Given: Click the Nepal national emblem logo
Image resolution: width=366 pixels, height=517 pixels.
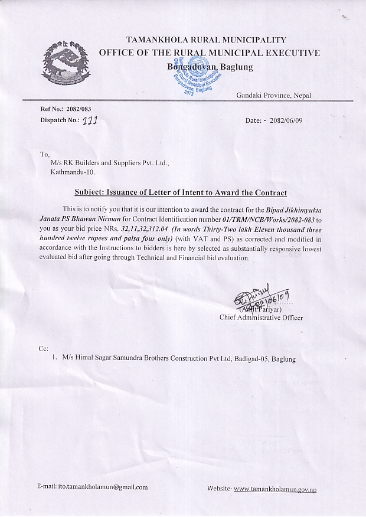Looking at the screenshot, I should click(64, 64).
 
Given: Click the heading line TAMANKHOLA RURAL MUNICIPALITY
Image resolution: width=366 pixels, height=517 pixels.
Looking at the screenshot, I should click(210, 40).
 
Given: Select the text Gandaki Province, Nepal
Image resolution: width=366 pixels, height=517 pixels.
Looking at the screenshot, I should click(274, 96).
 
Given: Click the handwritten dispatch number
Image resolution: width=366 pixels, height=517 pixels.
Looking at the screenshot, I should click(89, 120).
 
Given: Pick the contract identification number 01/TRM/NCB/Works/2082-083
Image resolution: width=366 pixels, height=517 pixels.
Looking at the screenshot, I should click(263, 210).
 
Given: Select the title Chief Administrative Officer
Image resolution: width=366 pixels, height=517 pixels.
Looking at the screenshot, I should click(261, 318).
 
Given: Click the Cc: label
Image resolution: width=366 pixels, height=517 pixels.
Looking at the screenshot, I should click(44, 349).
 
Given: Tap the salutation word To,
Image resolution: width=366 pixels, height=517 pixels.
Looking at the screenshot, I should click(45, 154).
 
